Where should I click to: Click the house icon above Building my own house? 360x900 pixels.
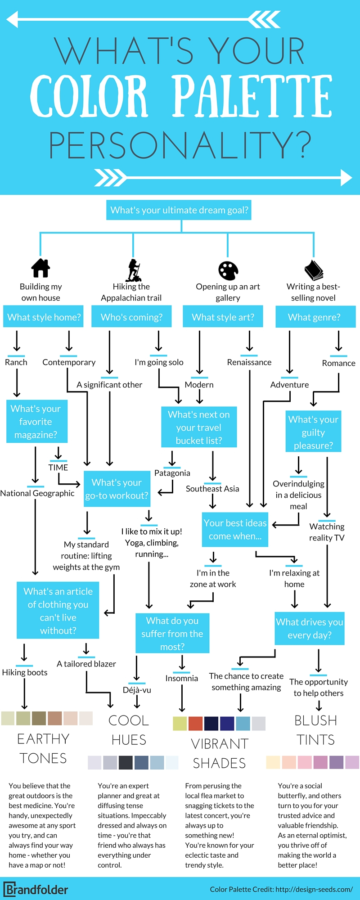[x=40, y=268]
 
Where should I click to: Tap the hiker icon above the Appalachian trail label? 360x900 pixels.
[x=133, y=270]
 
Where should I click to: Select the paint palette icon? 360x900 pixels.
[x=228, y=270]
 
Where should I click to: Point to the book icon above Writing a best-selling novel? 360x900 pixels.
[x=314, y=270]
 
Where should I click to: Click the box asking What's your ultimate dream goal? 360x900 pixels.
[x=179, y=210]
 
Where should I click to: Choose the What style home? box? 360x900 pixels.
[x=44, y=317]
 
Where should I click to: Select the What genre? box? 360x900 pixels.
[x=315, y=317]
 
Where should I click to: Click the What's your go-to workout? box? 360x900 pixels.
[x=117, y=489]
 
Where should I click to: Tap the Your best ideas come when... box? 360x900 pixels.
[x=235, y=530]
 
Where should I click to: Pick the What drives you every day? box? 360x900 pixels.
[x=310, y=628]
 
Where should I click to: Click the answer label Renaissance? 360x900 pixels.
[x=249, y=362]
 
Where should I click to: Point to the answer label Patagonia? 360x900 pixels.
[x=172, y=473]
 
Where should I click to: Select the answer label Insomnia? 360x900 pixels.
[x=181, y=678]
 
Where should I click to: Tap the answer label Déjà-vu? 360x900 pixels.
[x=137, y=690]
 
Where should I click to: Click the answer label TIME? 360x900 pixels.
[x=58, y=468]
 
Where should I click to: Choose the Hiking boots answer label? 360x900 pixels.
[x=25, y=672]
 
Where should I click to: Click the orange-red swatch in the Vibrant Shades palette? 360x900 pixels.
[x=195, y=723]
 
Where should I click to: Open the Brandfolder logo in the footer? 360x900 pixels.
[x=36, y=890]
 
